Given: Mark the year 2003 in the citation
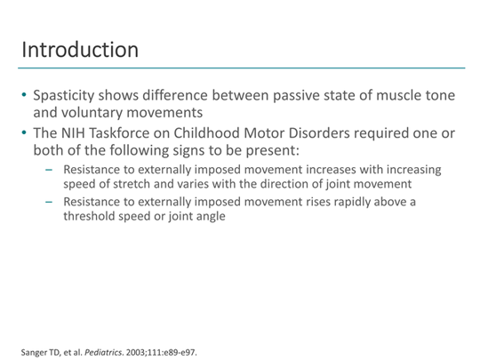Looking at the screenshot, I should click(x=148, y=351).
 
